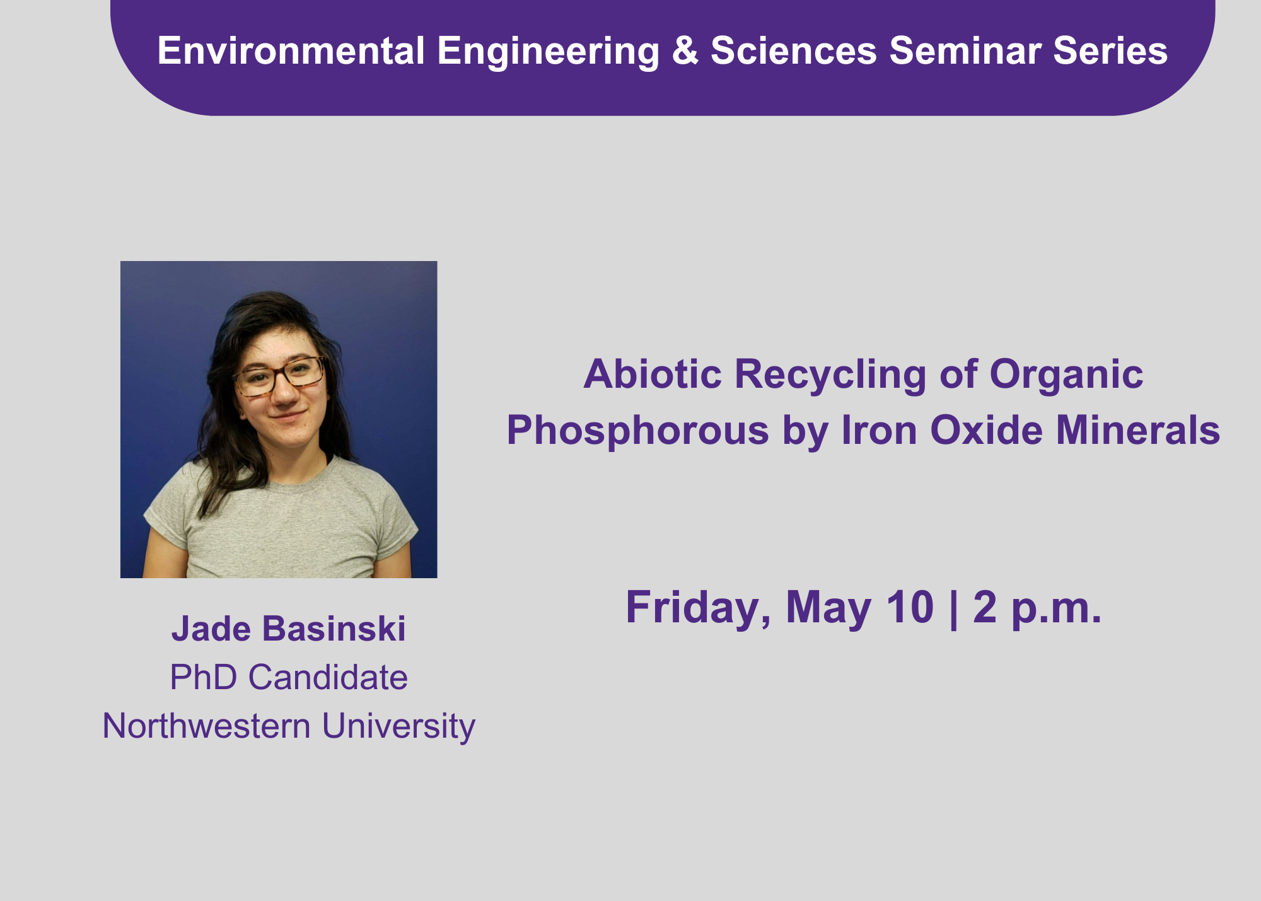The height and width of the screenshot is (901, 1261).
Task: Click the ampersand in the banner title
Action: click(x=685, y=50)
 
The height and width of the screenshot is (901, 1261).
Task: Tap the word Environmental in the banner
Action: click(x=291, y=50)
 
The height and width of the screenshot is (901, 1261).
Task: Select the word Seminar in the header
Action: click(x=965, y=50)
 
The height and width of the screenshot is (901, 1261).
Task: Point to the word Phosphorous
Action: click(x=638, y=431)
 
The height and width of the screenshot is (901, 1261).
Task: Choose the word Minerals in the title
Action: click(x=1138, y=431)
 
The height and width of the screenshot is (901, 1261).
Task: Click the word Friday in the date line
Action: click(x=698, y=608)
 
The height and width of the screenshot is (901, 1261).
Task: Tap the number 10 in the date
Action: click(x=910, y=607)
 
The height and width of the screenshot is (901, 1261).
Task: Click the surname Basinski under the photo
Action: click(x=334, y=629)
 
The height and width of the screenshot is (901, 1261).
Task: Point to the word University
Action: click(x=398, y=727)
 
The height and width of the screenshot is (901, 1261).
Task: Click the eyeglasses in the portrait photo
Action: click(x=279, y=376)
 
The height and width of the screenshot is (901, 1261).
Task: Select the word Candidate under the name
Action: click(x=328, y=677)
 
